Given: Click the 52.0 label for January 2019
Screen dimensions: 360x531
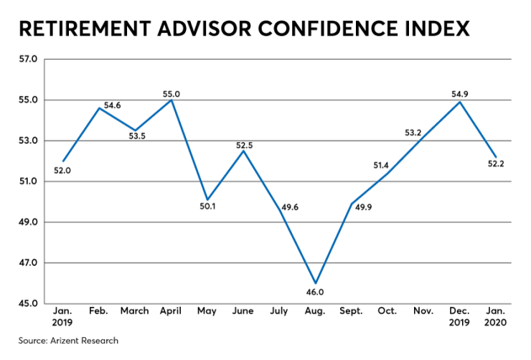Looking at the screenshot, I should [63, 171].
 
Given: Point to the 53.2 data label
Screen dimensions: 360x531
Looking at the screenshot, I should [413, 133].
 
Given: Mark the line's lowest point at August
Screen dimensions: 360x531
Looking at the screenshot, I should [315, 283].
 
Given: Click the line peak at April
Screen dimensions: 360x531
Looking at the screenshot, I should [171, 100].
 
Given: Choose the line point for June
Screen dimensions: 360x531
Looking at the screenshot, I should [243, 151].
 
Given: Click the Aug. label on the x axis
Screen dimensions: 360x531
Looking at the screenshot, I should [315, 311].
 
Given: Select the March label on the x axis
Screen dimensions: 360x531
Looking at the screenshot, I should [135, 311].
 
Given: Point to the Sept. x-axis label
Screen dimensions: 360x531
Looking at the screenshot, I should [351, 311].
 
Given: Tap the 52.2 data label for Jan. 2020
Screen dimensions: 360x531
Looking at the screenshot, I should [497, 166].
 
